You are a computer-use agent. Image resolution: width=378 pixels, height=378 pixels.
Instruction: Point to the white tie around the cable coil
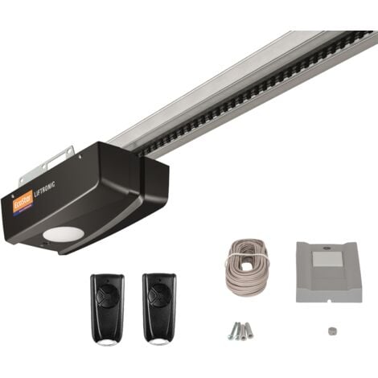[240, 241]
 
